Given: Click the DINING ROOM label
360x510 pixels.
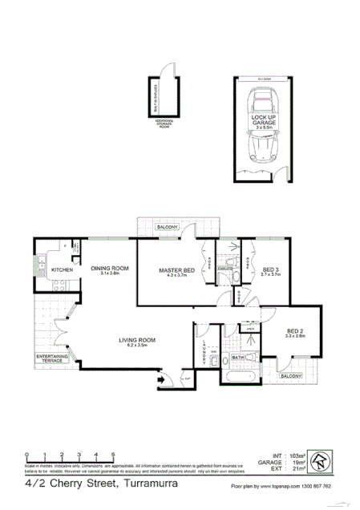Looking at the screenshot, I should pyautogui.click(x=110, y=269).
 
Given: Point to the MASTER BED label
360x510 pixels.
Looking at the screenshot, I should pyautogui.click(x=177, y=270).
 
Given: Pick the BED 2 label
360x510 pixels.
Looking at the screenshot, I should pyautogui.click(x=295, y=331).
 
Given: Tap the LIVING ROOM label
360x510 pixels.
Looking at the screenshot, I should pyautogui.click(x=137, y=341).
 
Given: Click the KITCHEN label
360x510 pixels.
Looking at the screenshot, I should pyautogui.click(x=63, y=270).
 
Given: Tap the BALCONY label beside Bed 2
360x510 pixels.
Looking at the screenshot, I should pyautogui.click(x=291, y=375).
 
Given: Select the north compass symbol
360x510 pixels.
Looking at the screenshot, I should pyautogui.click(x=320, y=460).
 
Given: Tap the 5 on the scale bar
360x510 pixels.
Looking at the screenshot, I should pyautogui.click(x=113, y=454).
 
